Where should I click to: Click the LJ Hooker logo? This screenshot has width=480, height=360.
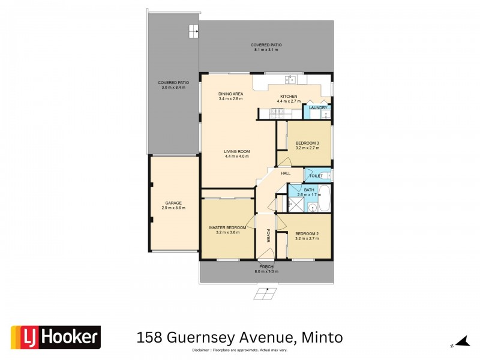click(x=56, y=337)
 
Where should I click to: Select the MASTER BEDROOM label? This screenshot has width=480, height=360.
click(x=227, y=228)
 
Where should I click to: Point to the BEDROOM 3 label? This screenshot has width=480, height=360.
click(x=307, y=143)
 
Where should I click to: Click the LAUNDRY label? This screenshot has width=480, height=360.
click(x=318, y=108)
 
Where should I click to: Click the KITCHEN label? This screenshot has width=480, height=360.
click(x=289, y=97)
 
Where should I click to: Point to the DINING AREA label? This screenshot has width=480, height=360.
click(x=230, y=94)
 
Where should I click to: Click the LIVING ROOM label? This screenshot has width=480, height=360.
click(x=236, y=151)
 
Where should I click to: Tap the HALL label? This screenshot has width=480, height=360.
click(x=286, y=173)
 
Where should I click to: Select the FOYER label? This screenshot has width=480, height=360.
click(x=268, y=235)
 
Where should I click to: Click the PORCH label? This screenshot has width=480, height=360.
click(x=266, y=266)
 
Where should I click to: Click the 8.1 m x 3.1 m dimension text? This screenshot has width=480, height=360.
click(x=267, y=50)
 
